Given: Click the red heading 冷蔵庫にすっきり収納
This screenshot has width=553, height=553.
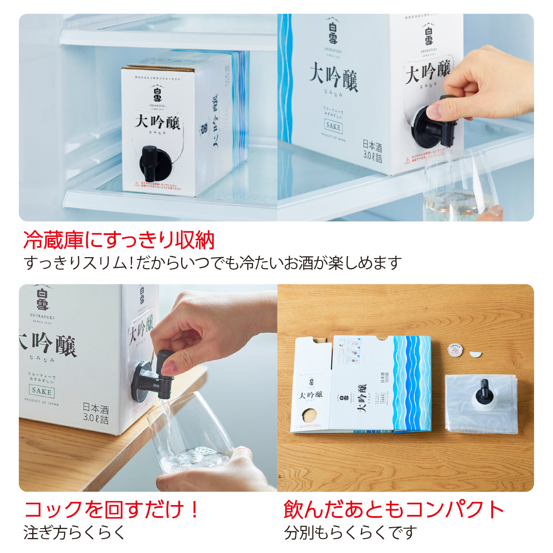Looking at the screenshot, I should (119, 240).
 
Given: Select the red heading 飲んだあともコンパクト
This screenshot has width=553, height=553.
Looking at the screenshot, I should (394, 510).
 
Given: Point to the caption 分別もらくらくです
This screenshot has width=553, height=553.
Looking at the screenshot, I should (350, 533).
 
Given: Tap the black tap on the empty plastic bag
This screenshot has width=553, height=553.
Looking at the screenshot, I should (484, 390).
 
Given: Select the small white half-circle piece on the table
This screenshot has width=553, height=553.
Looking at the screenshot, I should (475, 354).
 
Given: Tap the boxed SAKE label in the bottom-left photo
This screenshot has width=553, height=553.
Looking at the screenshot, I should (42, 392).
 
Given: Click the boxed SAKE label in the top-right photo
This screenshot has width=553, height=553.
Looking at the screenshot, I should (333, 126).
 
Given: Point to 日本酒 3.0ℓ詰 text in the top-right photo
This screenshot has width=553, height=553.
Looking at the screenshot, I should (372, 152).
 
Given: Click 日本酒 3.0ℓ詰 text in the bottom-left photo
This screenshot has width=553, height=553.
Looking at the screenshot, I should (96, 413).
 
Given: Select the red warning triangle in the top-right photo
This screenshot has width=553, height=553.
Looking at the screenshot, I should (407, 161).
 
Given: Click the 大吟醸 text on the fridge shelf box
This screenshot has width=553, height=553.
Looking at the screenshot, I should (157, 123).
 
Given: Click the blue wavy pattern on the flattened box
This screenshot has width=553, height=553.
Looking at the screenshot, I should (412, 382).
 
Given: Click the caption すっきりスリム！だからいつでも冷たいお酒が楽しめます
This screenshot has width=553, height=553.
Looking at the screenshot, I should (212, 263).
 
